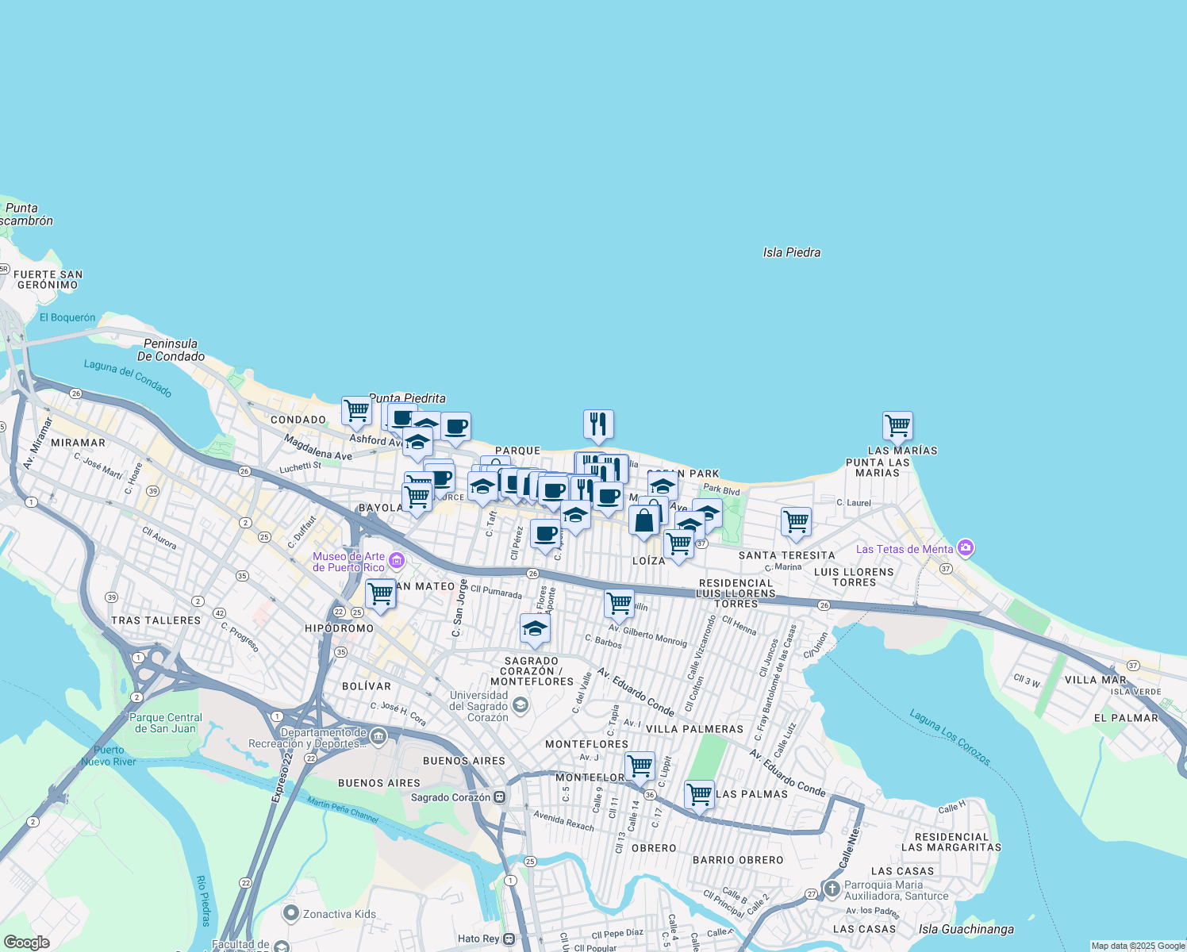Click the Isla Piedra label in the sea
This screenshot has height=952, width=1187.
[791, 252]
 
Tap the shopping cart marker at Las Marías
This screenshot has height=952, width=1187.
[897, 425]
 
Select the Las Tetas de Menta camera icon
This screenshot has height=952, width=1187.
[965, 548]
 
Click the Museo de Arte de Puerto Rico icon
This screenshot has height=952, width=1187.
[397, 562]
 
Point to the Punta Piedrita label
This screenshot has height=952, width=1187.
[407, 398]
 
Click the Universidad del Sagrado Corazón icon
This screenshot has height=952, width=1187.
[520, 704]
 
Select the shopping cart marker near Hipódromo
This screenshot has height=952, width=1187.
[380, 593]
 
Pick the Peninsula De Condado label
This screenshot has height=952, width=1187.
[171, 350]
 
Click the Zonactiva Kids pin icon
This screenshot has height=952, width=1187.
[291, 914]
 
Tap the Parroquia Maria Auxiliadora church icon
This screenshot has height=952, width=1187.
[832, 889]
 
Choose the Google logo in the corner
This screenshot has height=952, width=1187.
[26, 942]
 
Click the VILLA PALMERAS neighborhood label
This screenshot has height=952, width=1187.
[694, 729]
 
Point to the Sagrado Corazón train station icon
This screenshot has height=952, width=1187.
[499, 797]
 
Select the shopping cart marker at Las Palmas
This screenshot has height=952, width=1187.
[699, 793]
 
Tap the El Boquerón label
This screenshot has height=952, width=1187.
[67, 317]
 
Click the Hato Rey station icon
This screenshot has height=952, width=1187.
[509, 939]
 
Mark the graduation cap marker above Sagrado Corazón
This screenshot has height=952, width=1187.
[535, 628]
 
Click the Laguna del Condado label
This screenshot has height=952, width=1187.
[128, 378]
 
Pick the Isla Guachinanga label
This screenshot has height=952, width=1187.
[966, 929]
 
